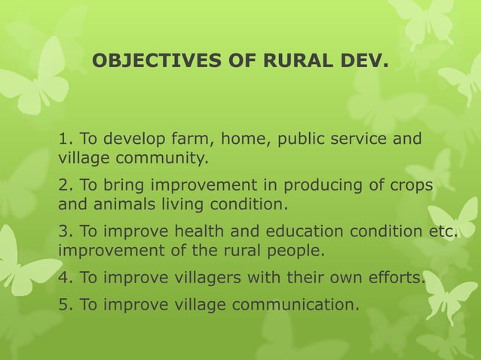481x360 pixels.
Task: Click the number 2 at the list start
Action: click(x=63, y=185)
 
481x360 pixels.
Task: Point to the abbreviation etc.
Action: click(x=442, y=231)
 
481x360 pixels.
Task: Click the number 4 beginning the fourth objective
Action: click(x=63, y=277)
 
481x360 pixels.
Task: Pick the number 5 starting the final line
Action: click(x=63, y=304)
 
